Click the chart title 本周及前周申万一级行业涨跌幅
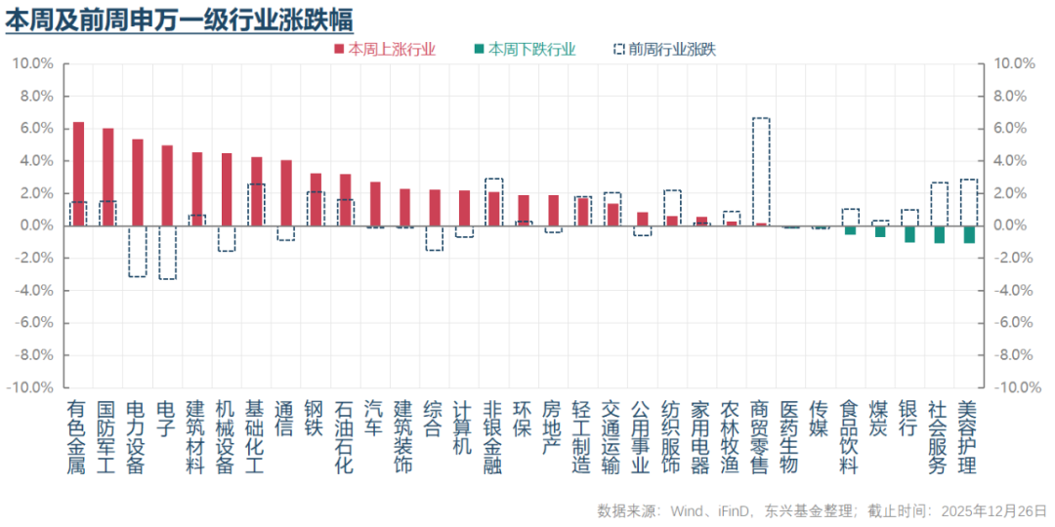click(x=180, y=19)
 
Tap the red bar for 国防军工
click(x=107, y=177)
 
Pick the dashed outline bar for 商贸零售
click(x=760, y=171)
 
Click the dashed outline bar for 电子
click(x=167, y=252)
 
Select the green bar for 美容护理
click(x=969, y=234)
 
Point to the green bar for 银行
click(x=909, y=233)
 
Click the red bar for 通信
click(x=285, y=192)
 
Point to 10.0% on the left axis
click(x=32, y=63)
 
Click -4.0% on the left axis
click(x=32, y=290)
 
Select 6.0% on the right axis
click(x=1013, y=128)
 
